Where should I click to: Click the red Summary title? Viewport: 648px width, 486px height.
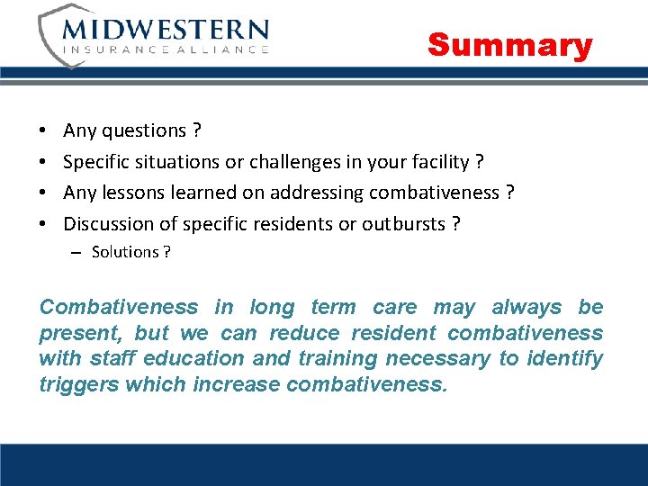pyautogui.click(x=509, y=44)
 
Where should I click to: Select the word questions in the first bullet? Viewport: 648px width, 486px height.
pyautogui.click(x=143, y=131)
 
